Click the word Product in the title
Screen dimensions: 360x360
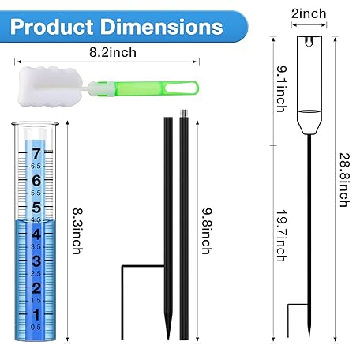[x=52, y=27]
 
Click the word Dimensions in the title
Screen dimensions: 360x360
[x=162, y=27]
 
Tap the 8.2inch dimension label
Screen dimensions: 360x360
[x=113, y=52]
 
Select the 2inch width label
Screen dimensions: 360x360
[x=309, y=13]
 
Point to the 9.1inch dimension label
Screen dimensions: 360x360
[x=282, y=89]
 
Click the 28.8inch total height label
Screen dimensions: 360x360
[x=344, y=180]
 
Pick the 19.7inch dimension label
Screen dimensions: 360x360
[x=282, y=235]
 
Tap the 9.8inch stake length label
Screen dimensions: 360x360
[x=207, y=231]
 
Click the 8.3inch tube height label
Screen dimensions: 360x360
[x=77, y=231]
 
